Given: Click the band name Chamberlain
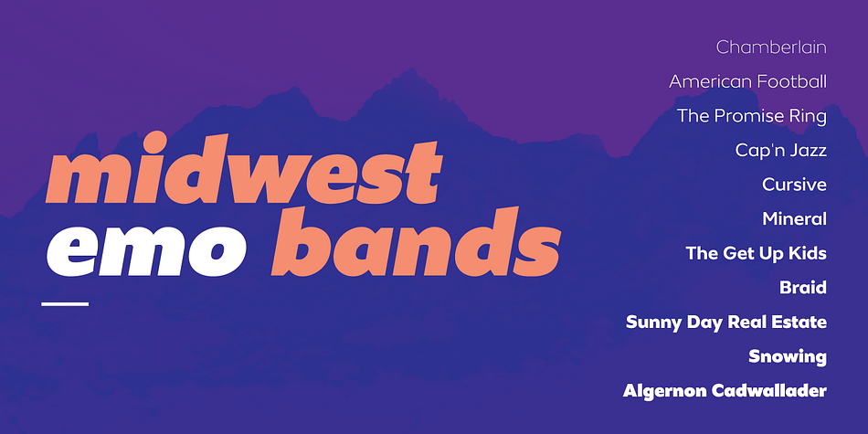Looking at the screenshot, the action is click(771, 47).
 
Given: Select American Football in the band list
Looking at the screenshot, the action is click(748, 81).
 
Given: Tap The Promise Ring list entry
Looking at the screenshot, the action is click(752, 116).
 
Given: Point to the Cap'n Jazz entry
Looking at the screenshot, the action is click(781, 150).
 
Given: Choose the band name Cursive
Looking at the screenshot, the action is click(794, 185).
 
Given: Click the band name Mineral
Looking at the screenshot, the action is click(794, 218).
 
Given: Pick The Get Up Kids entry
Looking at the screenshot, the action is click(757, 253).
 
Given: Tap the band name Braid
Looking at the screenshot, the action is click(803, 287).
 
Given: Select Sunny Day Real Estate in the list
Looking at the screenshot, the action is click(726, 323).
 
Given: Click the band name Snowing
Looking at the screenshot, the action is click(788, 356).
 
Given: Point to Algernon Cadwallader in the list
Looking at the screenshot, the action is click(725, 391).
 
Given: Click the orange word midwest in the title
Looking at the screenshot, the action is click(244, 168).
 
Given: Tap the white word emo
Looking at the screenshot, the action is click(136, 250).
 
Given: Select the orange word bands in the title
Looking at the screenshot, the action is click(416, 241).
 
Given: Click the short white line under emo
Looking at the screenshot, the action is click(65, 304).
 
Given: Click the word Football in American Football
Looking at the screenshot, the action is click(791, 81).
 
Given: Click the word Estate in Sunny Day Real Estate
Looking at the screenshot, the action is click(799, 323).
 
